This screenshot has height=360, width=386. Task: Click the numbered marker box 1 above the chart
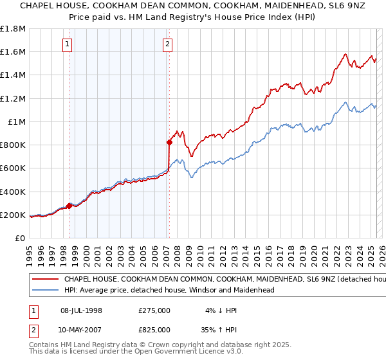pyautogui.click(x=68, y=44)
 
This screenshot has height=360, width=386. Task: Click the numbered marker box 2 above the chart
pyautogui.click(x=167, y=44)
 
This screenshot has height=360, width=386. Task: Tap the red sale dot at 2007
pyautogui.click(x=169, y=142)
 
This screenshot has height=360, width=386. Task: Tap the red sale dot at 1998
pyautogui.click(x=69, y=206)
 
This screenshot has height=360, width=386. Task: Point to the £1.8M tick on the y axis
pyautogui.click(x=13, y=29)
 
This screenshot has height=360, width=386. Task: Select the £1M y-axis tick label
pyautogui.click(x=17, y=122)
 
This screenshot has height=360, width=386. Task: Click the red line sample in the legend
pyautogui.click(x=46, y=280)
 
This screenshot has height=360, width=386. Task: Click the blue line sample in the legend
pyautogui.click(x=46, y=291)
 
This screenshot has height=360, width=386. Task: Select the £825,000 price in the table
pyautogui.click(x=154, y=329)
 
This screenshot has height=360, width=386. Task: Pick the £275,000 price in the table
pyautogui.click(x=154, y=310)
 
